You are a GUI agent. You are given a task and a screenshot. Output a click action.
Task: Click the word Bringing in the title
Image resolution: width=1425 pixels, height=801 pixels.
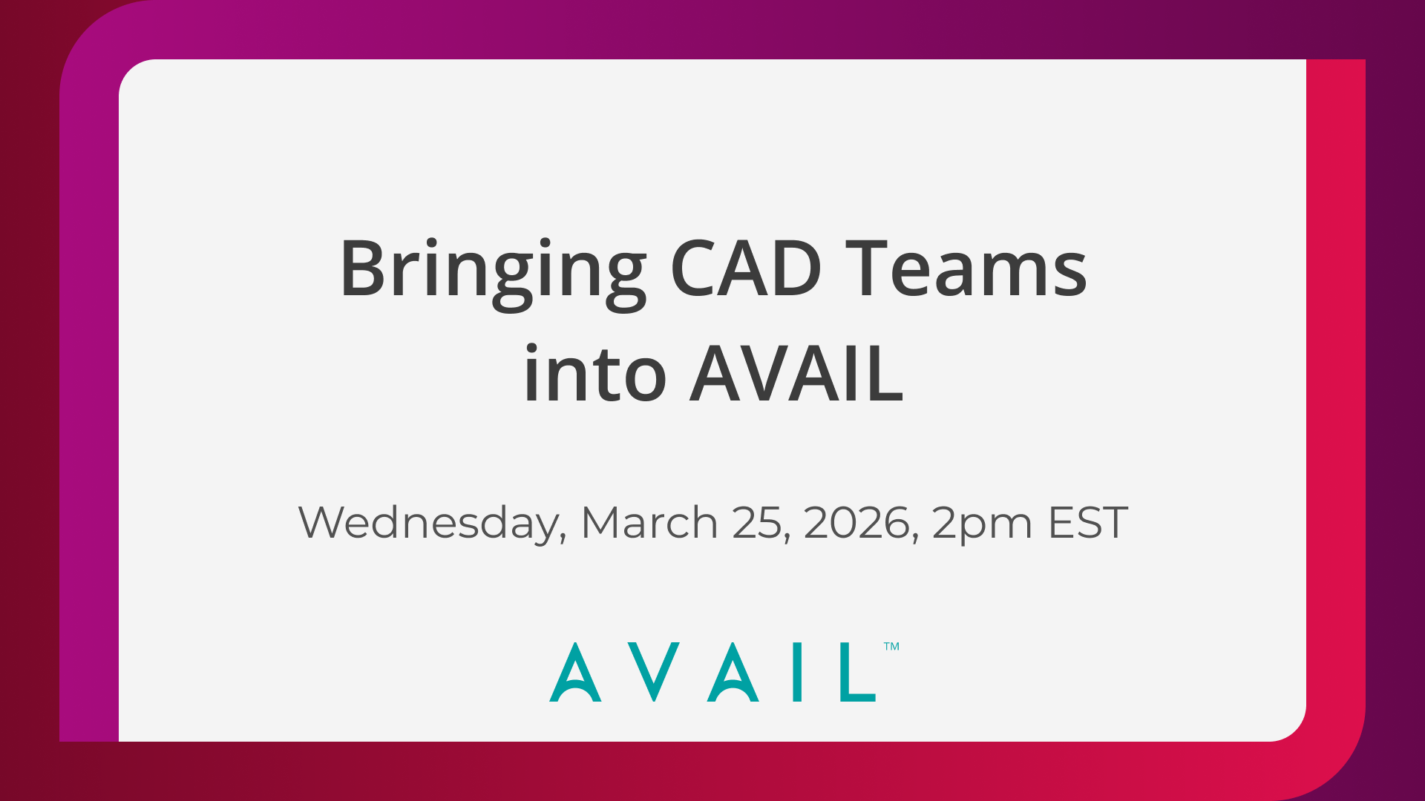(493, 270)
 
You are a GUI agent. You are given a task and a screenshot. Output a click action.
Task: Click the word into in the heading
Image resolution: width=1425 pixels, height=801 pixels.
(594, 375)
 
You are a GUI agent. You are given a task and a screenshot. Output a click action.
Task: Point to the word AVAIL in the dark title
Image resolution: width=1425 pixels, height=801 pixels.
(796, 375)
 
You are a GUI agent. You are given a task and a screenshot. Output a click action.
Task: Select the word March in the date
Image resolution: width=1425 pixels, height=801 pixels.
(649, 522)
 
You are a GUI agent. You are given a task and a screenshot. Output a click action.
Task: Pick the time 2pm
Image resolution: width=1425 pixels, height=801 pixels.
(982, 524)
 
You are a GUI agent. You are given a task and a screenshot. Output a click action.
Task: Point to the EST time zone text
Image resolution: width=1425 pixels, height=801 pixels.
(1088, 522)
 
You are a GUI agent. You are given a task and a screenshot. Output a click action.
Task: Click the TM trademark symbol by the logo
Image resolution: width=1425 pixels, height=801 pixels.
(891, 647)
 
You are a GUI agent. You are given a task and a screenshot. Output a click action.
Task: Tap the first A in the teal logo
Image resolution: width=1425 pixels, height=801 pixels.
(575, 673)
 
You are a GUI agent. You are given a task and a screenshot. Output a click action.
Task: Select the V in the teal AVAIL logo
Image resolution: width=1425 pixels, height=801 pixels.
(654, 673)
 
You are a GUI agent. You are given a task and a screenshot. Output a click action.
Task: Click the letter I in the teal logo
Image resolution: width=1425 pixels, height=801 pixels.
(797, 673)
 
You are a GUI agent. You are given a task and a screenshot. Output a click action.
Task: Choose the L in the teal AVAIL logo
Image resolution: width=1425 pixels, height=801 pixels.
(857, 673)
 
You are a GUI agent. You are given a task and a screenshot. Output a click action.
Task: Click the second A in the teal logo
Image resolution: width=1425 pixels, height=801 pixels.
(733, 673)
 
